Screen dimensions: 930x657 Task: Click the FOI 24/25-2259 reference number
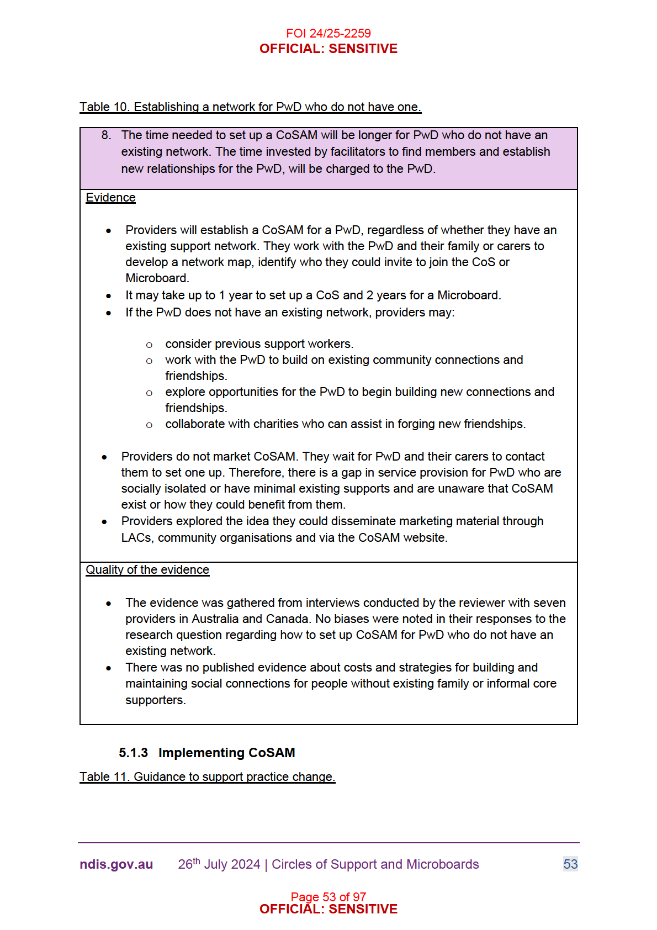pos(328,33)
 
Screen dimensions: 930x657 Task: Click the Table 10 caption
pos(250,107)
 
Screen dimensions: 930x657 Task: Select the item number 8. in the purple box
pos(106,135)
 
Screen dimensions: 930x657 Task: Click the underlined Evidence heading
pos(110,198)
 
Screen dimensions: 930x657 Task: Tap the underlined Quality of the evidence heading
pos(147,570)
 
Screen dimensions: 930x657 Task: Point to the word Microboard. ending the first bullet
pos(157,278)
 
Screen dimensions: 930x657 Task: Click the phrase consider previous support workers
pos(259,344)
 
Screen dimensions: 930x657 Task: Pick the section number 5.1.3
pos(133,753)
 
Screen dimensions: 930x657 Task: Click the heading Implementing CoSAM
pos(226,753)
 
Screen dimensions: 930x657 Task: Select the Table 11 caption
pos(207,777)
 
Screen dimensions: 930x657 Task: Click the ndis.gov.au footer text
pos(116,864)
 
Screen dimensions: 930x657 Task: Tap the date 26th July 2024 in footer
pos(219,864)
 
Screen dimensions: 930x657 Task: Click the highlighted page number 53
pos(570,864)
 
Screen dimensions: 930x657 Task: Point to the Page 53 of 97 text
pos(328,896)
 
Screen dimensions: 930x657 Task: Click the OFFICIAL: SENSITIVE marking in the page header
pos(328,49)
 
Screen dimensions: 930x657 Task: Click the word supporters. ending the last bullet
pos(155,700)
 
